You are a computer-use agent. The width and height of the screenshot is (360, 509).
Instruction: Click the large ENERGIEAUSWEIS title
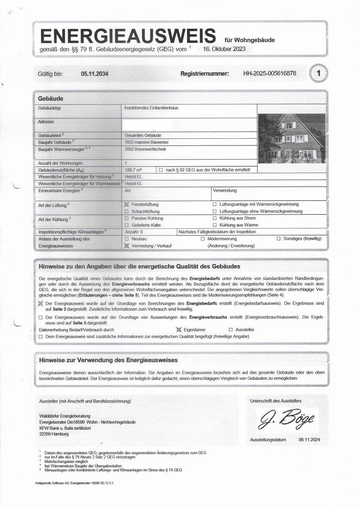click(x=127, y=36)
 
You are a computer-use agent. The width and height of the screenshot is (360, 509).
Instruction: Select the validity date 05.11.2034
click(x=95, y=74)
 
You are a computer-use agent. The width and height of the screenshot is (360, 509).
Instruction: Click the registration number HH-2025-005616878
click(x=270, y=73)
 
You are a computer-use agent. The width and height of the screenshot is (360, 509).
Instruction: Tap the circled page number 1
click(x=318, y=74)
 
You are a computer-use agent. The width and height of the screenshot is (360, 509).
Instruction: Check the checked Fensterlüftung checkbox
click(x=126, y=204)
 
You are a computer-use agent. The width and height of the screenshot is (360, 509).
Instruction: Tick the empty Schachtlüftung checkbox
click(x=126, y=211)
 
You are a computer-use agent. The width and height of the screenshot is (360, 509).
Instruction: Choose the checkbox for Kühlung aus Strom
click(x=215, y=218)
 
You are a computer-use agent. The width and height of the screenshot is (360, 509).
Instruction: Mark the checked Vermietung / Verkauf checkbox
click(x=126, y=246)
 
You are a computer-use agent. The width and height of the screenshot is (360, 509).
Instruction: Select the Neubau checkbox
click(x=126, y=239)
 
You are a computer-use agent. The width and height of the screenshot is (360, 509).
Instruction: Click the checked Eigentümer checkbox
click(x=179, y=330)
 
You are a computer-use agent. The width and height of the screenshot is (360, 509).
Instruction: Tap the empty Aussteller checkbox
click(x=231, y=330)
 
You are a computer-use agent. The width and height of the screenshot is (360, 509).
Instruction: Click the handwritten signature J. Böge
click(x=287, y=419)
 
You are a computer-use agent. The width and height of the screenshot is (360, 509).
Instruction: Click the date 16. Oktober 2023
click(x=224, y=49)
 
